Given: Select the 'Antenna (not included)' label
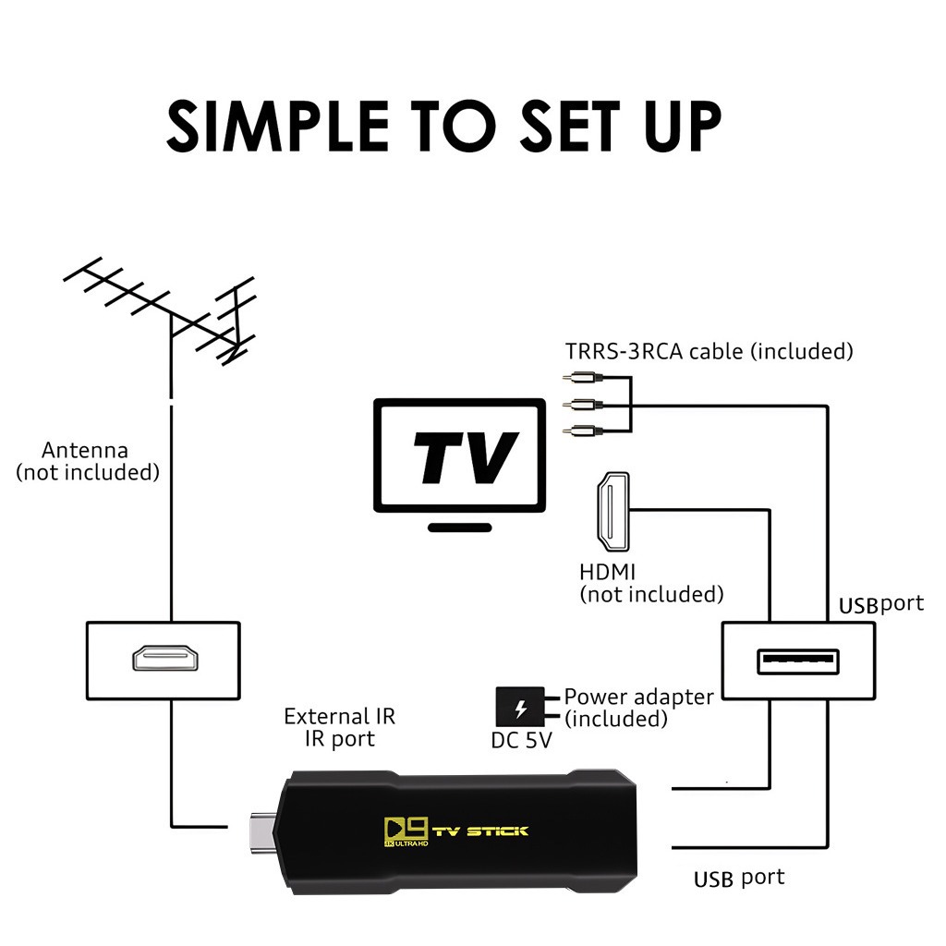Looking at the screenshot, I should point(87,461).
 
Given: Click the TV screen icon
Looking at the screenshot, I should point(459,455).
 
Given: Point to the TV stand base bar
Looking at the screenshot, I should point(460,527).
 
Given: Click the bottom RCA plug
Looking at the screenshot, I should point(582,430).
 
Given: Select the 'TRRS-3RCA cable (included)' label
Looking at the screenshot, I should point(709,351).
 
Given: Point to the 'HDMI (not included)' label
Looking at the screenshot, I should point(650,583).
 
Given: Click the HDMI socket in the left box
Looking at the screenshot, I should point(163,659).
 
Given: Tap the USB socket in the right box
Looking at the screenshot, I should point(798,661).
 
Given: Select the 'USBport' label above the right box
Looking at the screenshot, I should point(880,605).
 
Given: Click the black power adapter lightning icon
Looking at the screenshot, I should point(520,709).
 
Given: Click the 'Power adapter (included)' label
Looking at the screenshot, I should point(638,707).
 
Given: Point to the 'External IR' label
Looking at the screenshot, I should point(339,716).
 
